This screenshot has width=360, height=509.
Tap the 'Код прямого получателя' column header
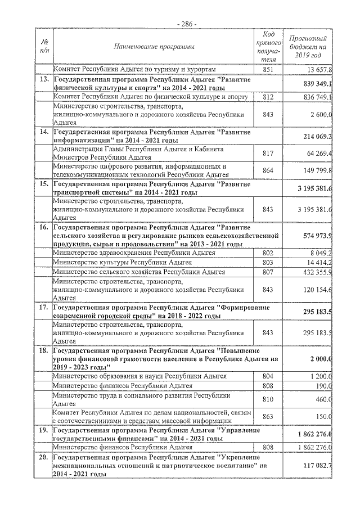pyautogui.click(x=268, y=46)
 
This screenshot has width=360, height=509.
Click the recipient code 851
pyautogui.click(x=268, y=69)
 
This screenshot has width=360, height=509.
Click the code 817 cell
pyautogui.click(x=268, y=153)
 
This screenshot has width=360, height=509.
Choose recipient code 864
pyautogui.click(x=268, y=170)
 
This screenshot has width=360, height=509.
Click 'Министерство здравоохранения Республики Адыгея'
pyautogui.click(x=133, y=253)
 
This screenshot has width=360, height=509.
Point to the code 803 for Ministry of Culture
pyautogui.click(x=268, y=262)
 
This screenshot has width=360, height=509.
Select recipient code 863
pyautogui.click(x=268, y=417)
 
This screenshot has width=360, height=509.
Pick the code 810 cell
pyautogui.click(x=268, y=399)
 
